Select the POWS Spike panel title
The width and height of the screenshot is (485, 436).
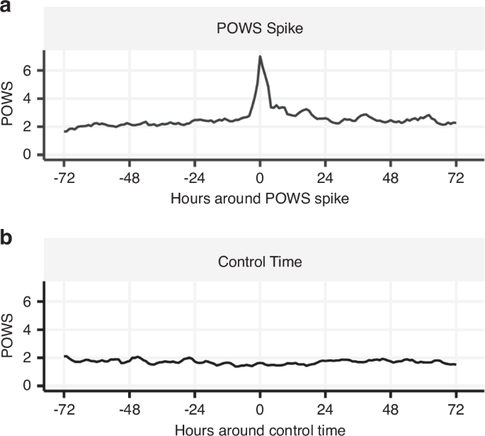click(260, 29)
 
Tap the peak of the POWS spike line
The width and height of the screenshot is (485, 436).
click(260, 56)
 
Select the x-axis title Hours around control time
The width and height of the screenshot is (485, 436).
click(260, 429)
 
